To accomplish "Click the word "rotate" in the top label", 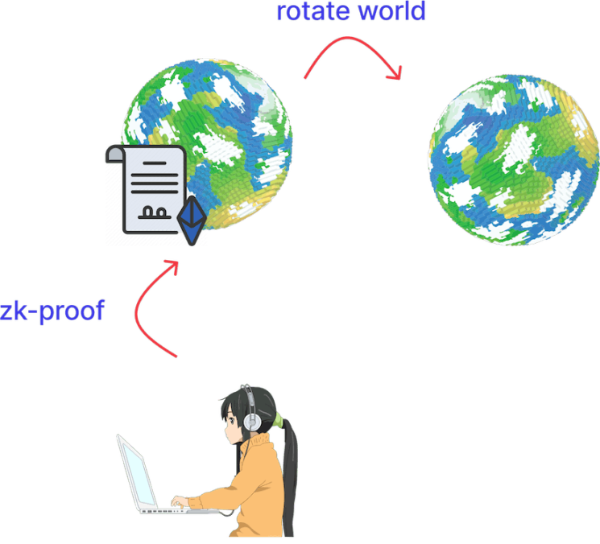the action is point(312,11).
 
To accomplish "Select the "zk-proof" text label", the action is point(52,311).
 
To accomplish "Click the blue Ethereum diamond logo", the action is point(192,221).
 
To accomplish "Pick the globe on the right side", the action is point(514,160).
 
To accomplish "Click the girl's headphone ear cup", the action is point(252,422).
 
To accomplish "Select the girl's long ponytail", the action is point(290,478).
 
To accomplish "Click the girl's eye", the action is point(232,421).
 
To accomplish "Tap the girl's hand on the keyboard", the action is point(180,502).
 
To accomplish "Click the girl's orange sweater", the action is point(249,489).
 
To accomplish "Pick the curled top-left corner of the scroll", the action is point(114,154).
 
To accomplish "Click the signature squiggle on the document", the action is point(155,213).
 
